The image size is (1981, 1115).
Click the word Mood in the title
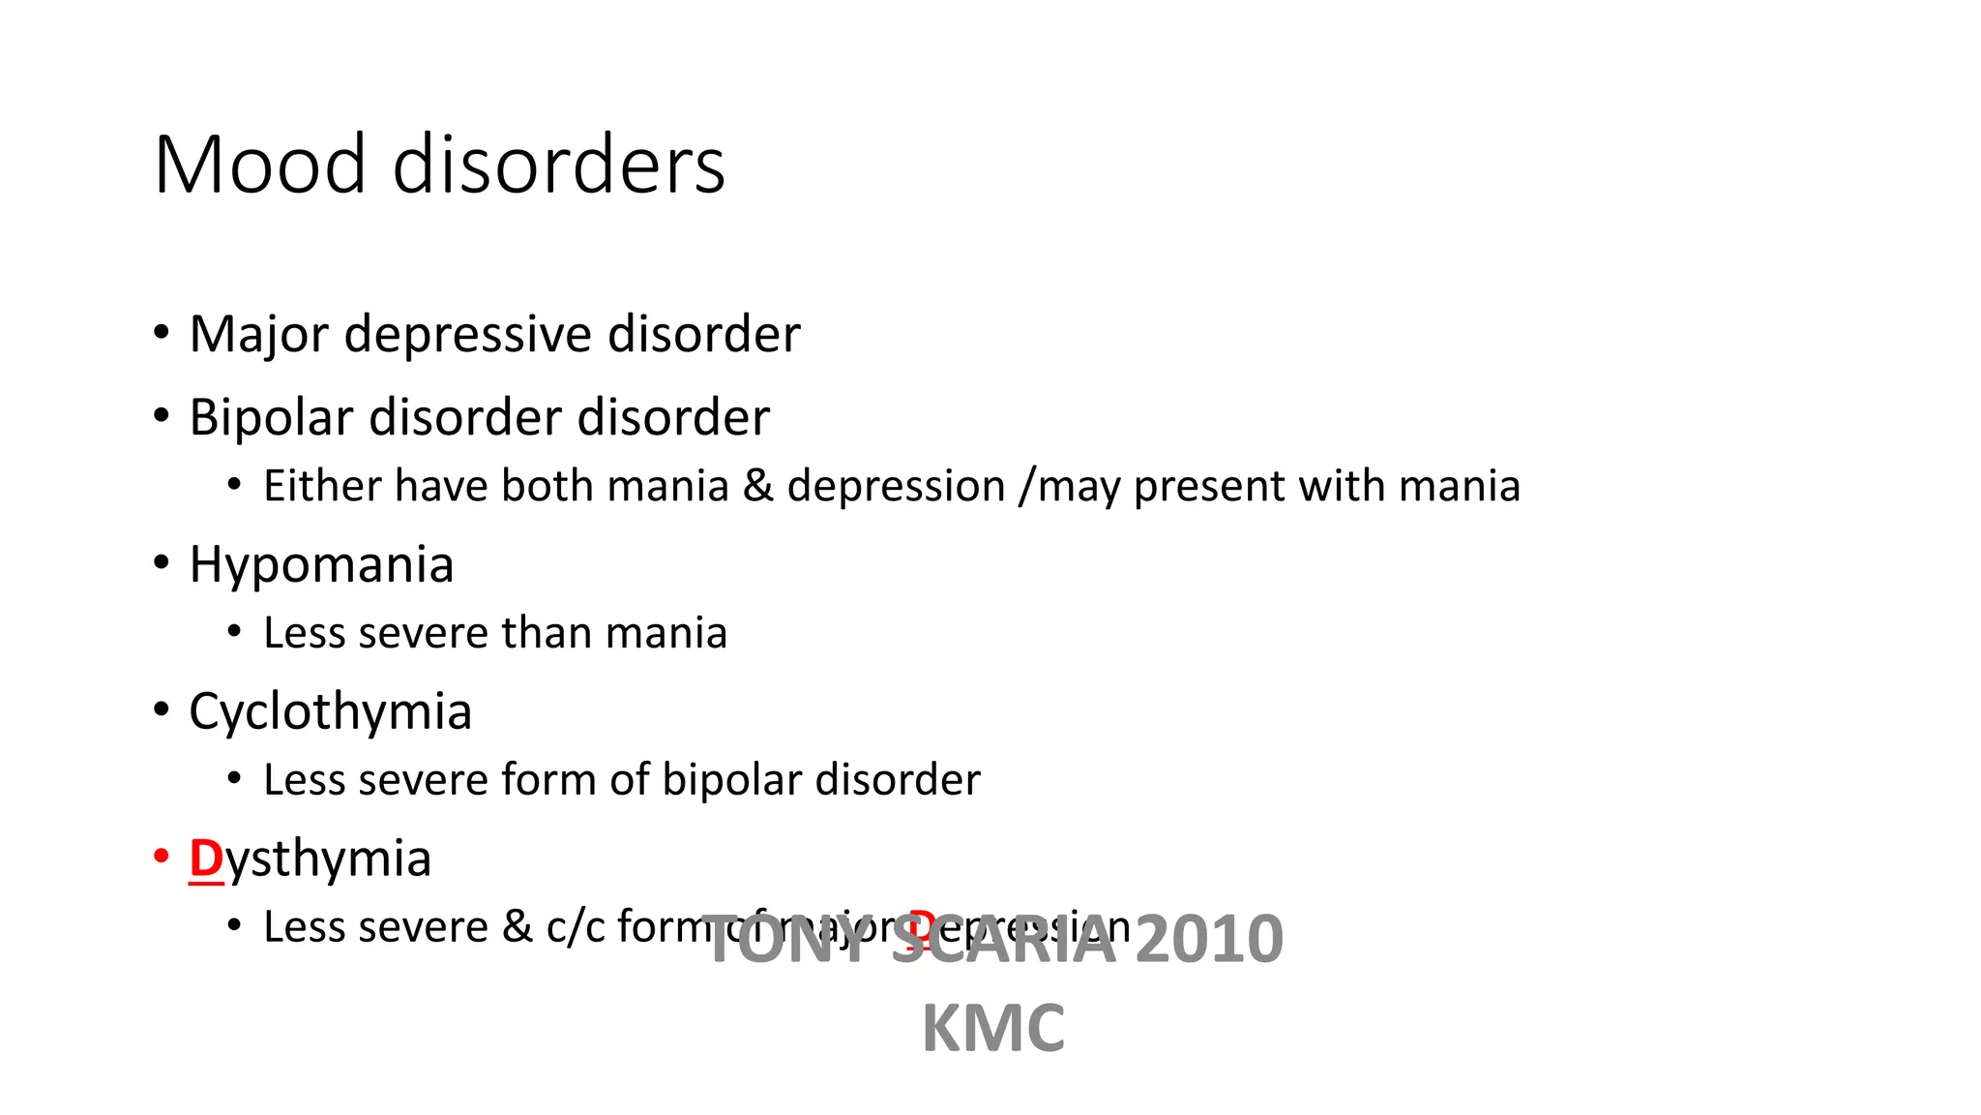(x=259, y=165)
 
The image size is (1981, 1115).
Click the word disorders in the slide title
(x=559, y=165)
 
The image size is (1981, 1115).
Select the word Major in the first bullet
(x=259, y=335)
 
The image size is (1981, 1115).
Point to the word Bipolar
(x=271, y=418)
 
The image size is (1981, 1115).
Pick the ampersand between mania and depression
(x=757, y=486)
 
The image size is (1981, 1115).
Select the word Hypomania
(x=321, y=565)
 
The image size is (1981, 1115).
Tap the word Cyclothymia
(x=330, y=712)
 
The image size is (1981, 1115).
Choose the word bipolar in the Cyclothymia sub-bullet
(x=731, y=780)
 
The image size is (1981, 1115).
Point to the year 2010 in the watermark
(x=1208, y=939)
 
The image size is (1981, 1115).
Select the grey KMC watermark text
(x=993, y=1029)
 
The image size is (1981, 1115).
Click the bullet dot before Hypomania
(x=162, y=562)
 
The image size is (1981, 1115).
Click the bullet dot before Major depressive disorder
(x=162, y=332)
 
